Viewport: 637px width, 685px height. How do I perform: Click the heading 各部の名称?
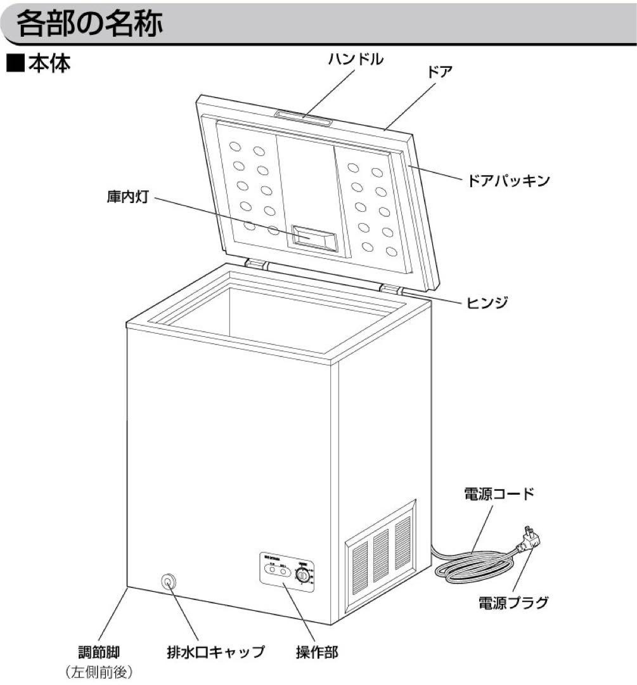coord(89,24)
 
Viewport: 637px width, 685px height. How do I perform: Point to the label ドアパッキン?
coord(508,180)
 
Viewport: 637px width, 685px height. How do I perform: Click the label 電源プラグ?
coord(513,602)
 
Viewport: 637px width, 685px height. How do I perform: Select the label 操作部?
coord(317,651)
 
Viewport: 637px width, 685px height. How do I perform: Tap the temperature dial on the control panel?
coord(304,576)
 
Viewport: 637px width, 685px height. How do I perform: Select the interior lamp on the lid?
coord(312,237)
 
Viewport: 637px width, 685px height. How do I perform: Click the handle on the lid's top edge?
coord(302,115)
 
